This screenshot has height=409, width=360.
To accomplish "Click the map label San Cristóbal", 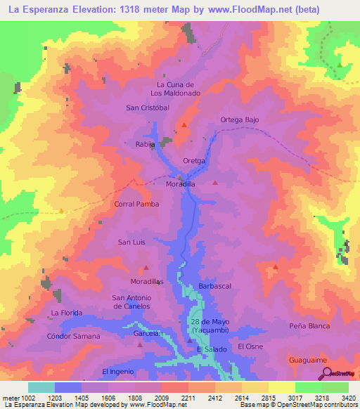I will (148, 108).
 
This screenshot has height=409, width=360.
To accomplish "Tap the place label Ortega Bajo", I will (240, 119).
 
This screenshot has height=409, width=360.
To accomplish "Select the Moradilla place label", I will (180, 183).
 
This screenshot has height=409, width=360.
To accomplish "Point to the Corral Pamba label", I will (136, 204).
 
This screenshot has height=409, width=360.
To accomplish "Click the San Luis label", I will (131, 242).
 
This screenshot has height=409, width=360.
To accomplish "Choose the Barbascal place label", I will (215, 286).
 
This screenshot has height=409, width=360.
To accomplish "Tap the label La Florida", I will (67, 312).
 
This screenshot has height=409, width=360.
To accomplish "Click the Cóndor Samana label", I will (73, 336).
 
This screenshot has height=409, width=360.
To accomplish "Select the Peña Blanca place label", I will (309, 326).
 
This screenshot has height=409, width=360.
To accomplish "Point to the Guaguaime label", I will (308, 359).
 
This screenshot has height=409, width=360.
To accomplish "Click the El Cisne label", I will (250, 346).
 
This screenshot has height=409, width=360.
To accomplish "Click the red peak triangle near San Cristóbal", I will (184, 125).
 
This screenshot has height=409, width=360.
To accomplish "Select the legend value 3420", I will (348, 397).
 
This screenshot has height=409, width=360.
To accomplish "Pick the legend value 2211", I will (188, 397).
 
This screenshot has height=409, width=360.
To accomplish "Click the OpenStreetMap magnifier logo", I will (324, 375).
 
